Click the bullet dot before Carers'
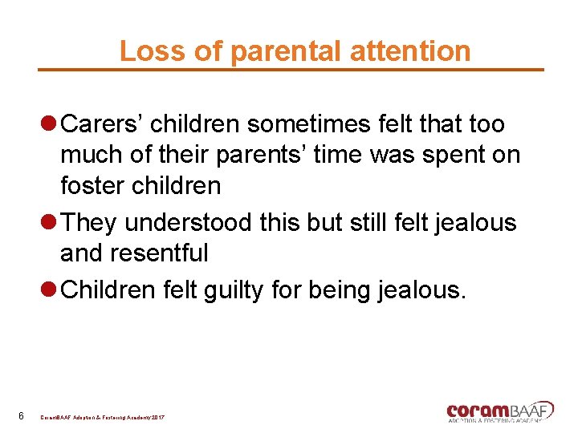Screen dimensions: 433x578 pos(49,124)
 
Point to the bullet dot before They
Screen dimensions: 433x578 pos(49,222)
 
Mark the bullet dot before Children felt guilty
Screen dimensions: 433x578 pos(49,289)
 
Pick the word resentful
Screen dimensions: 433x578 pos(158,253)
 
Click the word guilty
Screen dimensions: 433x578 pos(238,289)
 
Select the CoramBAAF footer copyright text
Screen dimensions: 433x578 pos(103,418)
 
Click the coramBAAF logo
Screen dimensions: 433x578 pos(499,411)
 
